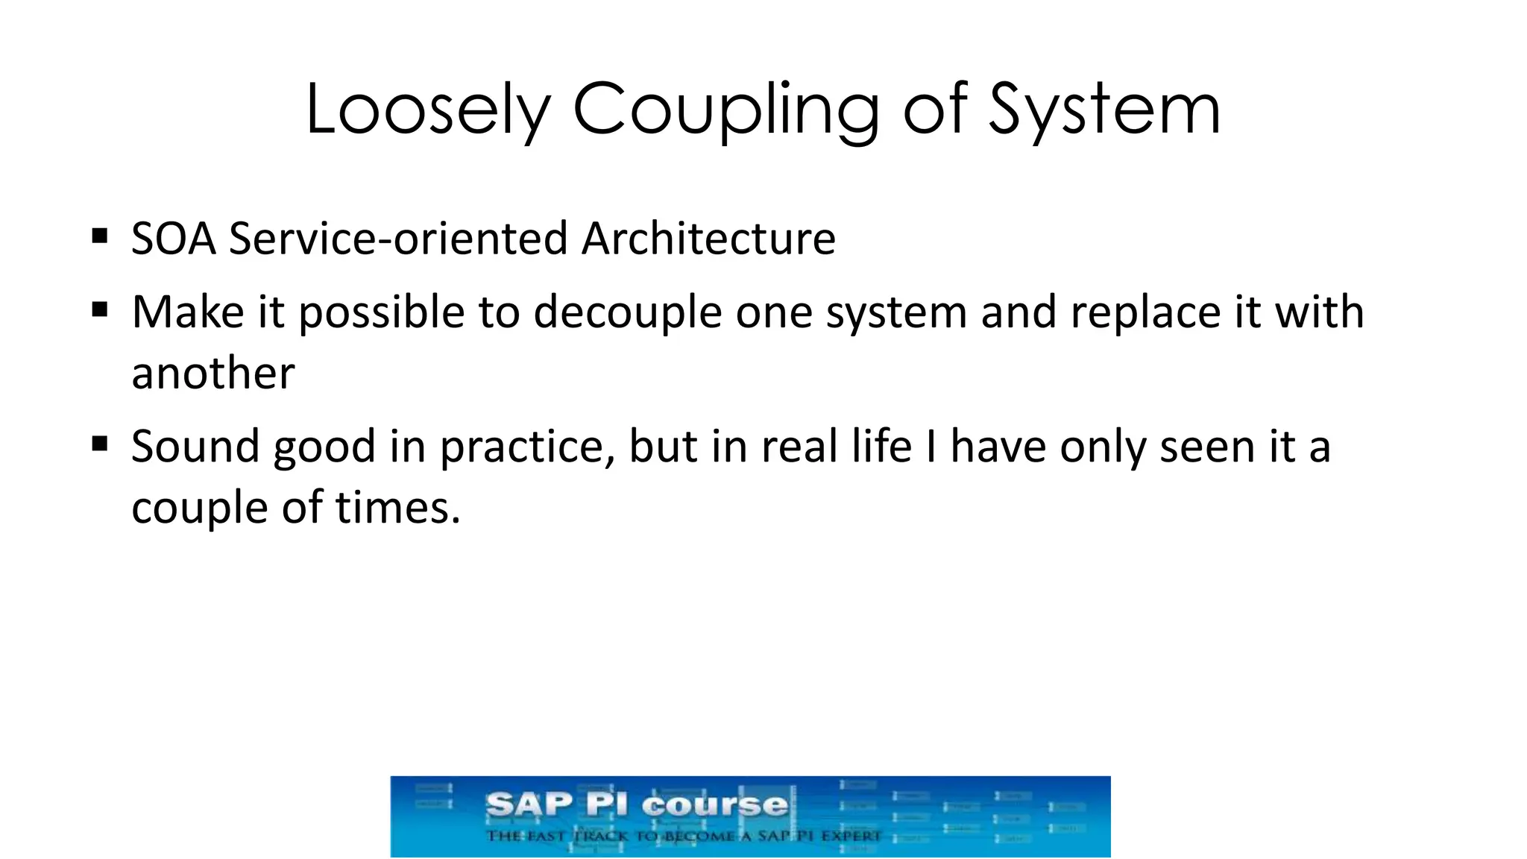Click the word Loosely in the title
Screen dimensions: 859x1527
pyautogui.click(x=426, y=110)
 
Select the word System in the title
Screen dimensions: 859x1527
pyautogui.click(x=1104, y=110)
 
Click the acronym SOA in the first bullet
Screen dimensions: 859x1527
pyautogui.click(x=174, y=239)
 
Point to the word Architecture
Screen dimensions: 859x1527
pyautogui.click(x=708, y=239)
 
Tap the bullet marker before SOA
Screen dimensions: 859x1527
pyautogui.click(x=100, y=237)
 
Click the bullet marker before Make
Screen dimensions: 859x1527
pyautogui.click(x=100, y=309)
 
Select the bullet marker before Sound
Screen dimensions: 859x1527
pyautogui.click(x=100, y=444)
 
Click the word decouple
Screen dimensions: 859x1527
pyautogui.click(x=627, y=312)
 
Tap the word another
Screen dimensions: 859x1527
pyautogui.click(x=213, y=373)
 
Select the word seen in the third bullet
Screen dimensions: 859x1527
pyautogui.click(x=1207, y=447)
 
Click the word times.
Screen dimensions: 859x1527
pyautogui.click(x=397, y=508)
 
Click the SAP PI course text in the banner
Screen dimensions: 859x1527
pyautogui.click(x=636, y=805)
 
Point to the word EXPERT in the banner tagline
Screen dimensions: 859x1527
pyautogui.click(x=851, y=836)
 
